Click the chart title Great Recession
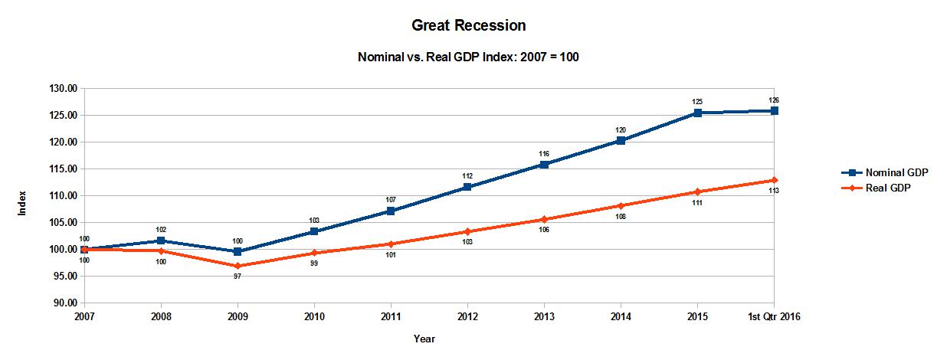coord(469,25)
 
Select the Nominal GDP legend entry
coord(885,172)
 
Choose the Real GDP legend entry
coord(876,188)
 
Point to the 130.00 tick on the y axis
coord(64,89)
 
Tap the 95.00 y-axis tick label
coord(66,277)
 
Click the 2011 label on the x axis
coord(391,316)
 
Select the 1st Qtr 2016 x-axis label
coord(774,316)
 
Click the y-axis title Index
coord(22,203)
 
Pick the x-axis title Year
coord(424,339)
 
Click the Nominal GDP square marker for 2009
coord(238,251)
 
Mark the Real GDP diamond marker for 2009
coord(238,266)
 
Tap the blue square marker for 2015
coord(697,113)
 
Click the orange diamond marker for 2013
coord(544,219)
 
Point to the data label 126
coord(774,100)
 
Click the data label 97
coord(238,277)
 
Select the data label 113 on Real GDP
coord(774,191)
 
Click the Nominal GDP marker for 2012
coord(467,187)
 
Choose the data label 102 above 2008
coord(161,230)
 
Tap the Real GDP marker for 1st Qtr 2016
coord(775,180)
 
